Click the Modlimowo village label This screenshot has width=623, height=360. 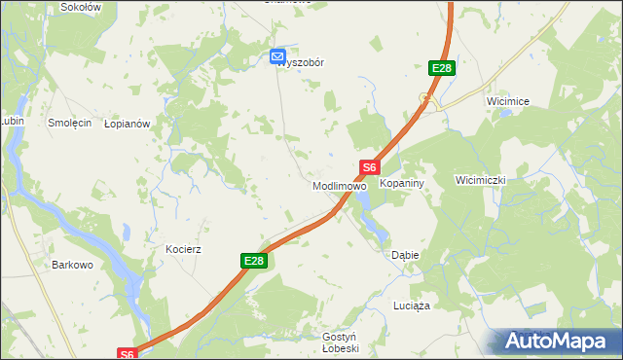coord(339,185)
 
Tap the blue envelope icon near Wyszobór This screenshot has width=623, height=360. coord(277,57)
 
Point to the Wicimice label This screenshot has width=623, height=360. coord(507,100)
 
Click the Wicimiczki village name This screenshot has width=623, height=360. coord(481,180)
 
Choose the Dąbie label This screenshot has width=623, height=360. coord(405,255)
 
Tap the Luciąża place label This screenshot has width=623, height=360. coord(411,305)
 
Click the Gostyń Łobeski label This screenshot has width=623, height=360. coord(341,342)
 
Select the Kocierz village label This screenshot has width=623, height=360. coord(183,249)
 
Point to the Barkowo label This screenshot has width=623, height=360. coord(71,264)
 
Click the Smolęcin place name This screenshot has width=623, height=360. coord(70,124)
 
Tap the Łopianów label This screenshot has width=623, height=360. coord(127,124)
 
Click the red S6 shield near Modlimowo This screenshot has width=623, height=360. coord(369,167)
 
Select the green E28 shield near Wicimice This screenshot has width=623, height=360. coord(441,68)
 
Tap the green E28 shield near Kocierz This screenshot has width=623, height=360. coord(253,261)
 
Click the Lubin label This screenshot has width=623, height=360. coord(11,121)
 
